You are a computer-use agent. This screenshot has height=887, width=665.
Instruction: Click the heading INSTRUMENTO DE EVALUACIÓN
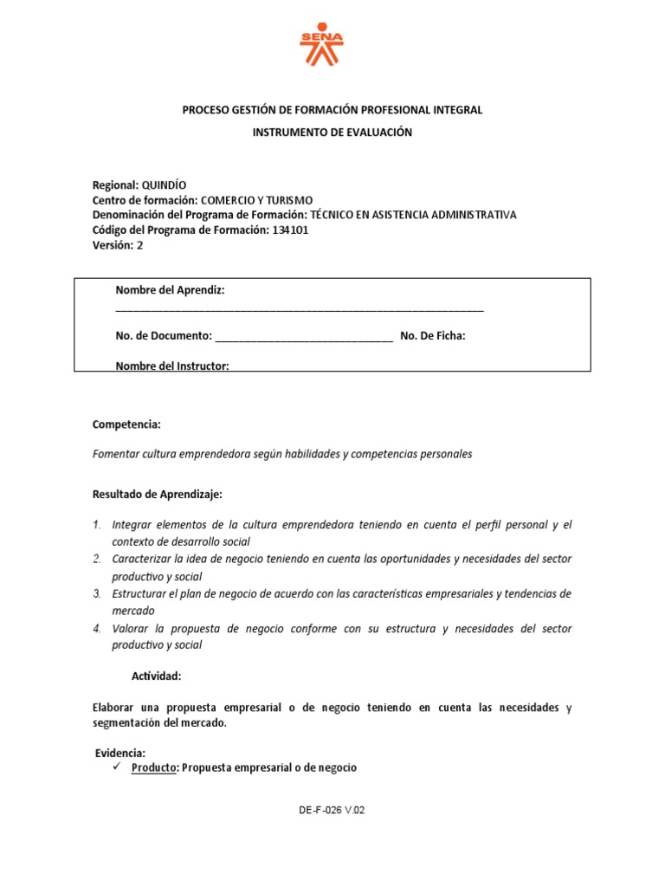click(332, 133)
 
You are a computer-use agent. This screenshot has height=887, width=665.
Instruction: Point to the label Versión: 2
click(118, 245)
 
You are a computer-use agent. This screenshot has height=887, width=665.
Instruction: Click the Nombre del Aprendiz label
click(170, 290)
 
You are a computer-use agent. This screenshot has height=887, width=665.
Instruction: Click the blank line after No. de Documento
click(304, 336)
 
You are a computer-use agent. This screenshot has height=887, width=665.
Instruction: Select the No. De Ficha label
click(433, 336)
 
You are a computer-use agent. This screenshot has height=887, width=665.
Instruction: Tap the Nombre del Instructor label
click(171, 366)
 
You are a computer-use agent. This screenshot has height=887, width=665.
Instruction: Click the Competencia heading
click(126, 424)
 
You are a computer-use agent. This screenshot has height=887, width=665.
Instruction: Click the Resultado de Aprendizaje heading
click(158, 495)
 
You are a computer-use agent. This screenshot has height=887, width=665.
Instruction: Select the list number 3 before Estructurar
click(97, 593)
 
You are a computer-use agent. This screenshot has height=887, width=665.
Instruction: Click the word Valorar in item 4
click(130, 628)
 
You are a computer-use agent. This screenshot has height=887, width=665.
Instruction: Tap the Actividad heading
click(157, 676)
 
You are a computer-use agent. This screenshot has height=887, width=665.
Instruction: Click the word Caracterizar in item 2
click(143, 559)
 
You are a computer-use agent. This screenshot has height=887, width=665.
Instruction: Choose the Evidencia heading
click(119, 752)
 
